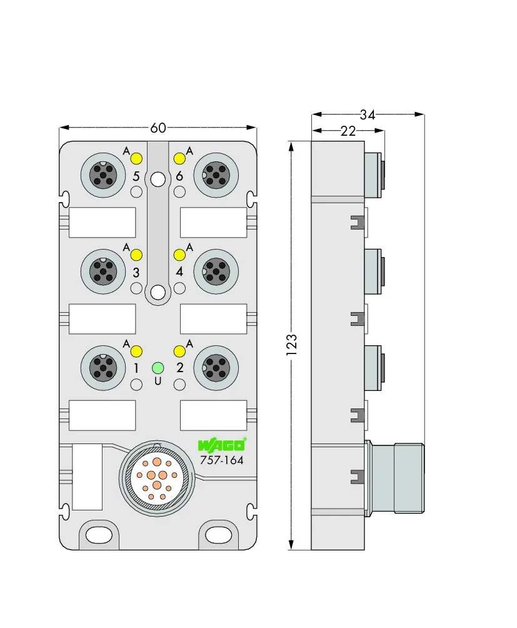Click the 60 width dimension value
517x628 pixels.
click(x=158, y=128)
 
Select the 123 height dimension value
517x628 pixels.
click(x=292, y=345)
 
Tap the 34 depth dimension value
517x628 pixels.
click(x=368, y=115)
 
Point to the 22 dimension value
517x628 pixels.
click(x=348, y=131)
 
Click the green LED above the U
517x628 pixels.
click(x=158, y=368)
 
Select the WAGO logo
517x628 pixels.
click(x=222, y=445)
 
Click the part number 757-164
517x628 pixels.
click(x=222, y=460)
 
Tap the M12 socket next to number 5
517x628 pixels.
click(x=103, y=175)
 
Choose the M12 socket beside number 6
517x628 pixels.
click(x=216, y=175)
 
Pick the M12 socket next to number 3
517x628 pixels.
click(x=103, y=271)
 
